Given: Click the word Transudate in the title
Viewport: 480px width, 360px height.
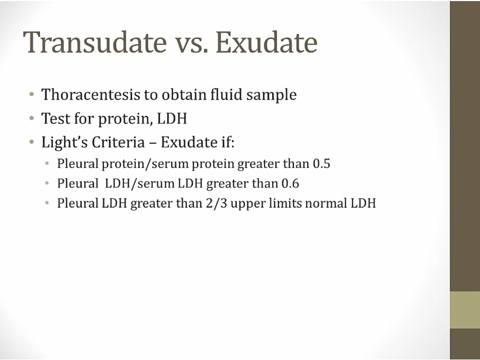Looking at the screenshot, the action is point(95,42).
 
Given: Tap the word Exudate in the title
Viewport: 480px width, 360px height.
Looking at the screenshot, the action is point(267,42).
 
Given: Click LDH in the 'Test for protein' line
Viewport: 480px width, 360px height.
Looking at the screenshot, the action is point(172,118).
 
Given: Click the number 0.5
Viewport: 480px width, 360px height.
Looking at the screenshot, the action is point(322,164).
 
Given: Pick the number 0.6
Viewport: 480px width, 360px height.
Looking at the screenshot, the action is point(290,183).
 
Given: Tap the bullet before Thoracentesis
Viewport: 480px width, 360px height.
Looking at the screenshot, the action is point(31,94).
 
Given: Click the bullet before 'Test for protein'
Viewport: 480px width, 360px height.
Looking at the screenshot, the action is point(31,118).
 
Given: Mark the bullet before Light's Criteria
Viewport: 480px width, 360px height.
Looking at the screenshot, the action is point(31,142).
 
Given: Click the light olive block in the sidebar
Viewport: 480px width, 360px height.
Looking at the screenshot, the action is point(465,310).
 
